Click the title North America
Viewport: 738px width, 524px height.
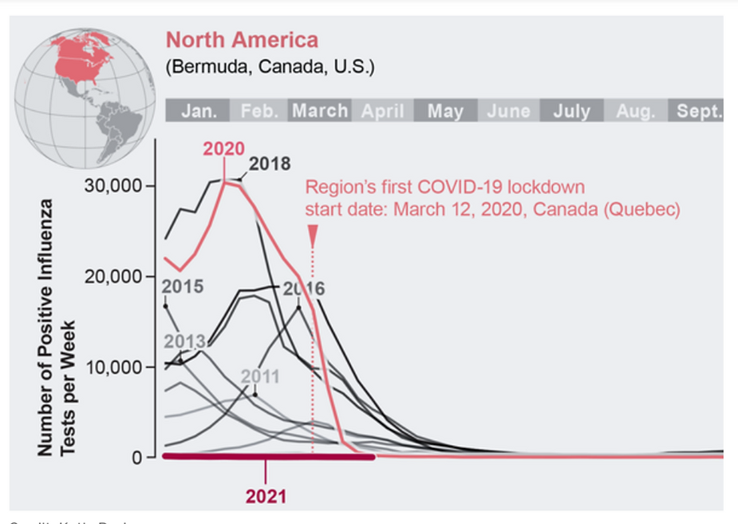pyautogui.click(x=242, y=40)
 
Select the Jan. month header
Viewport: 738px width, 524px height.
pyautogui.click(x=198, y=111)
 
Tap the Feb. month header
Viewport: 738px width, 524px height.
pyautogui.click(x=259, y=111)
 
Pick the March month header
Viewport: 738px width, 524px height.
pyautogui.click(x=320, y=111)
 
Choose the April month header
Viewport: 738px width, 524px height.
pyautogui.click(x=382, y=111)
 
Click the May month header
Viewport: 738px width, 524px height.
pyautogui.click(x=445, y=111)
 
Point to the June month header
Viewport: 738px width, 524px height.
pyautogui.click(x=508, y=111)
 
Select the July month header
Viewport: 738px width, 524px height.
pyautogui.click(x=571, y=111)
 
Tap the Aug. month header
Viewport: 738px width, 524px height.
pyautogui.click(x=635, y=111)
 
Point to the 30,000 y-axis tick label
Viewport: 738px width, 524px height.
pyautogui.click(x=112, y=185)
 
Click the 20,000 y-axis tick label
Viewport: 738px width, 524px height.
pyautogui.click(x=112, y=276)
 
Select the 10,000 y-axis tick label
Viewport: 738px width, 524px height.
pyautogui.click(x=112, y=367)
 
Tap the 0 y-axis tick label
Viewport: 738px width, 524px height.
pyautogui.click(x=138, y=458)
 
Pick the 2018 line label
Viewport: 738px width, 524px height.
pyautogui.click(x=270, y=164)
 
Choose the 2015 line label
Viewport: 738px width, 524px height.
pyautogui.click(x=183, y=287)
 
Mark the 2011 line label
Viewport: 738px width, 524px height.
pyautogui.click(x=260, y=375)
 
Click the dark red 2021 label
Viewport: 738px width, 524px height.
pyautogui.click(x=266, y=496)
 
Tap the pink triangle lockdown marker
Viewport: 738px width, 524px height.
pyautogui.click(x=313, y=233)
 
